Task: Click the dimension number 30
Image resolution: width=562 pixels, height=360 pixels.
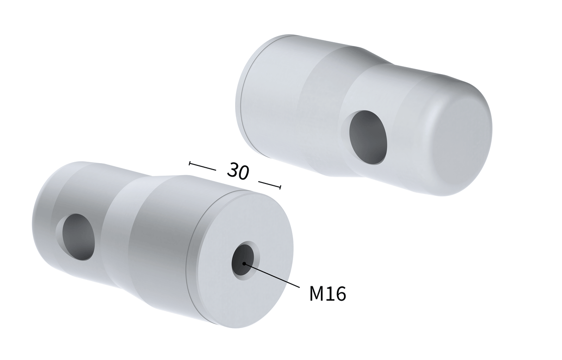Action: (x=238, y=171)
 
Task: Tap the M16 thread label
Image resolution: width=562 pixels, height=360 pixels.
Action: (x=327, y=294)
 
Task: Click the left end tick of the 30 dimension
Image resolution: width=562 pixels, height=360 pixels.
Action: (x=190, y=163)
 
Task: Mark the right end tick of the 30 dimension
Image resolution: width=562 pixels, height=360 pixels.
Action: (x=280, y=187)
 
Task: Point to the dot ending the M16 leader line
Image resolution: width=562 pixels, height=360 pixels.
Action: (x=244, y=264)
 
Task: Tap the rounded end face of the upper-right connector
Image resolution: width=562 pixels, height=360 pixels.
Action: (x=463, y=139)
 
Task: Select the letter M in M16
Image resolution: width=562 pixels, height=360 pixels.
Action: (x=317, y=294)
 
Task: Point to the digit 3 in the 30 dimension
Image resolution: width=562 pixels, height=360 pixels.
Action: (x=232, y=170)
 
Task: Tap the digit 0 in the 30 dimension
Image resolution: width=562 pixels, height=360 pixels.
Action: (x=244, y=172)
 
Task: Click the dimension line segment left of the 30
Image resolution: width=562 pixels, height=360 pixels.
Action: (x=203, y=166)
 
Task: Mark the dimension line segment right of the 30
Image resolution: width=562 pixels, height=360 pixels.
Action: (x=269, y=184)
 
